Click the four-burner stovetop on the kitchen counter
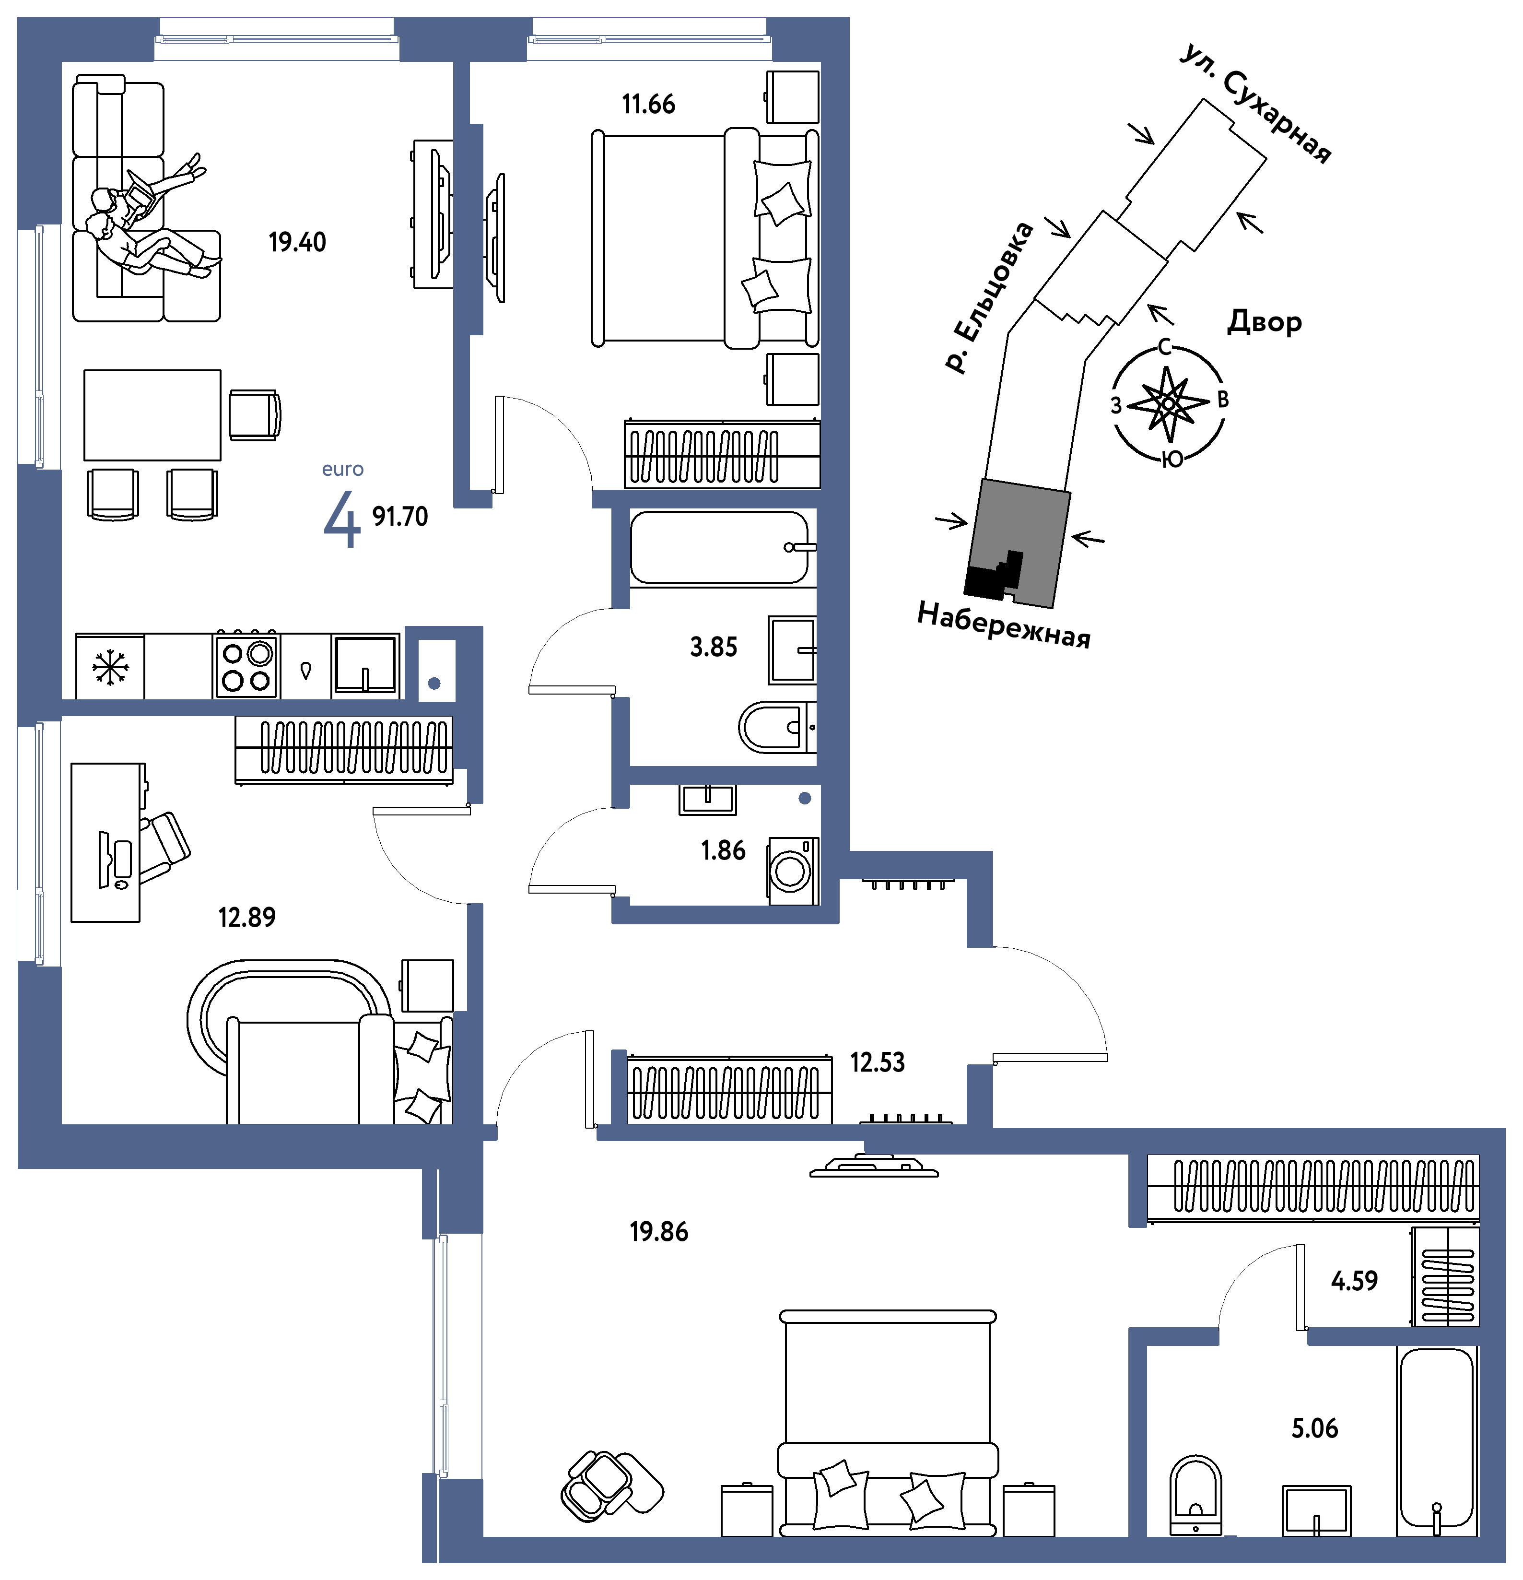pos(246,666)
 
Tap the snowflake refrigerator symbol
pos(110,668)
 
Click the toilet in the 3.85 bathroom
pos(776,727)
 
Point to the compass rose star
pos(1168,403)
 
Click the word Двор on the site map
pos(1265,322)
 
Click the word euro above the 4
pos(342,469)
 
